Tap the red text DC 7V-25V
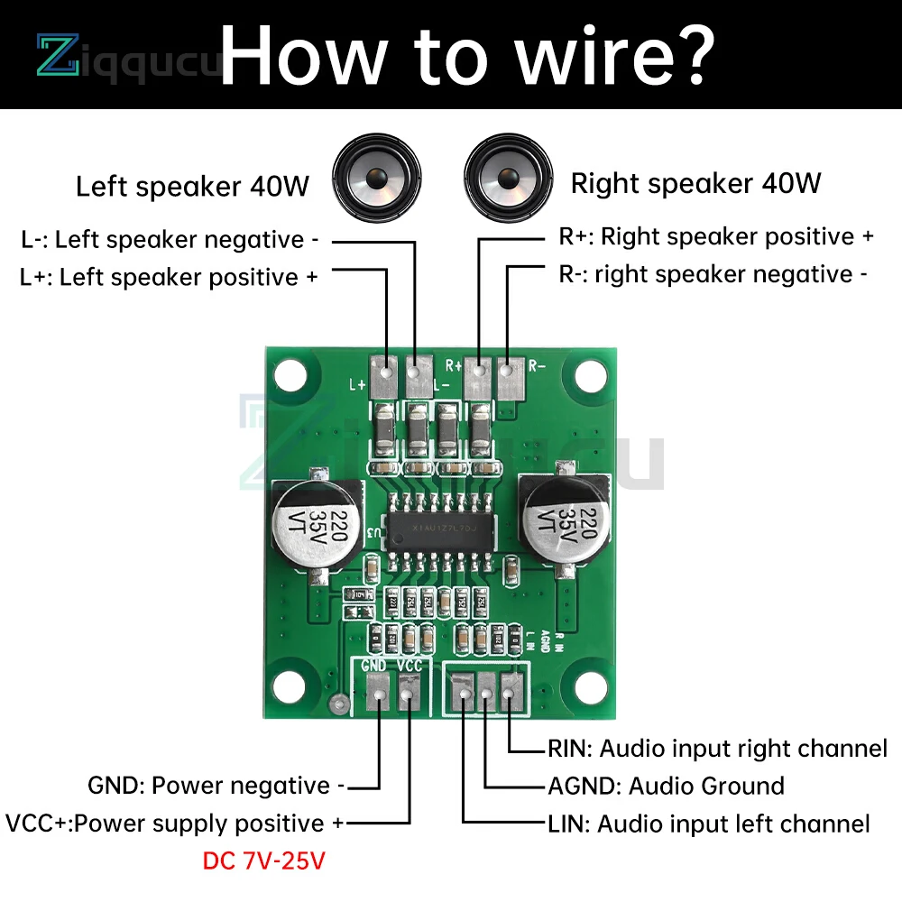263,861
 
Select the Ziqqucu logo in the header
126,55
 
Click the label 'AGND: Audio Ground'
666,786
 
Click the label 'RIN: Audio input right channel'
717,748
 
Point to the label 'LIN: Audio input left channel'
708,824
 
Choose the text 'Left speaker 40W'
192,187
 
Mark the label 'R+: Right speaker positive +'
716,236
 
